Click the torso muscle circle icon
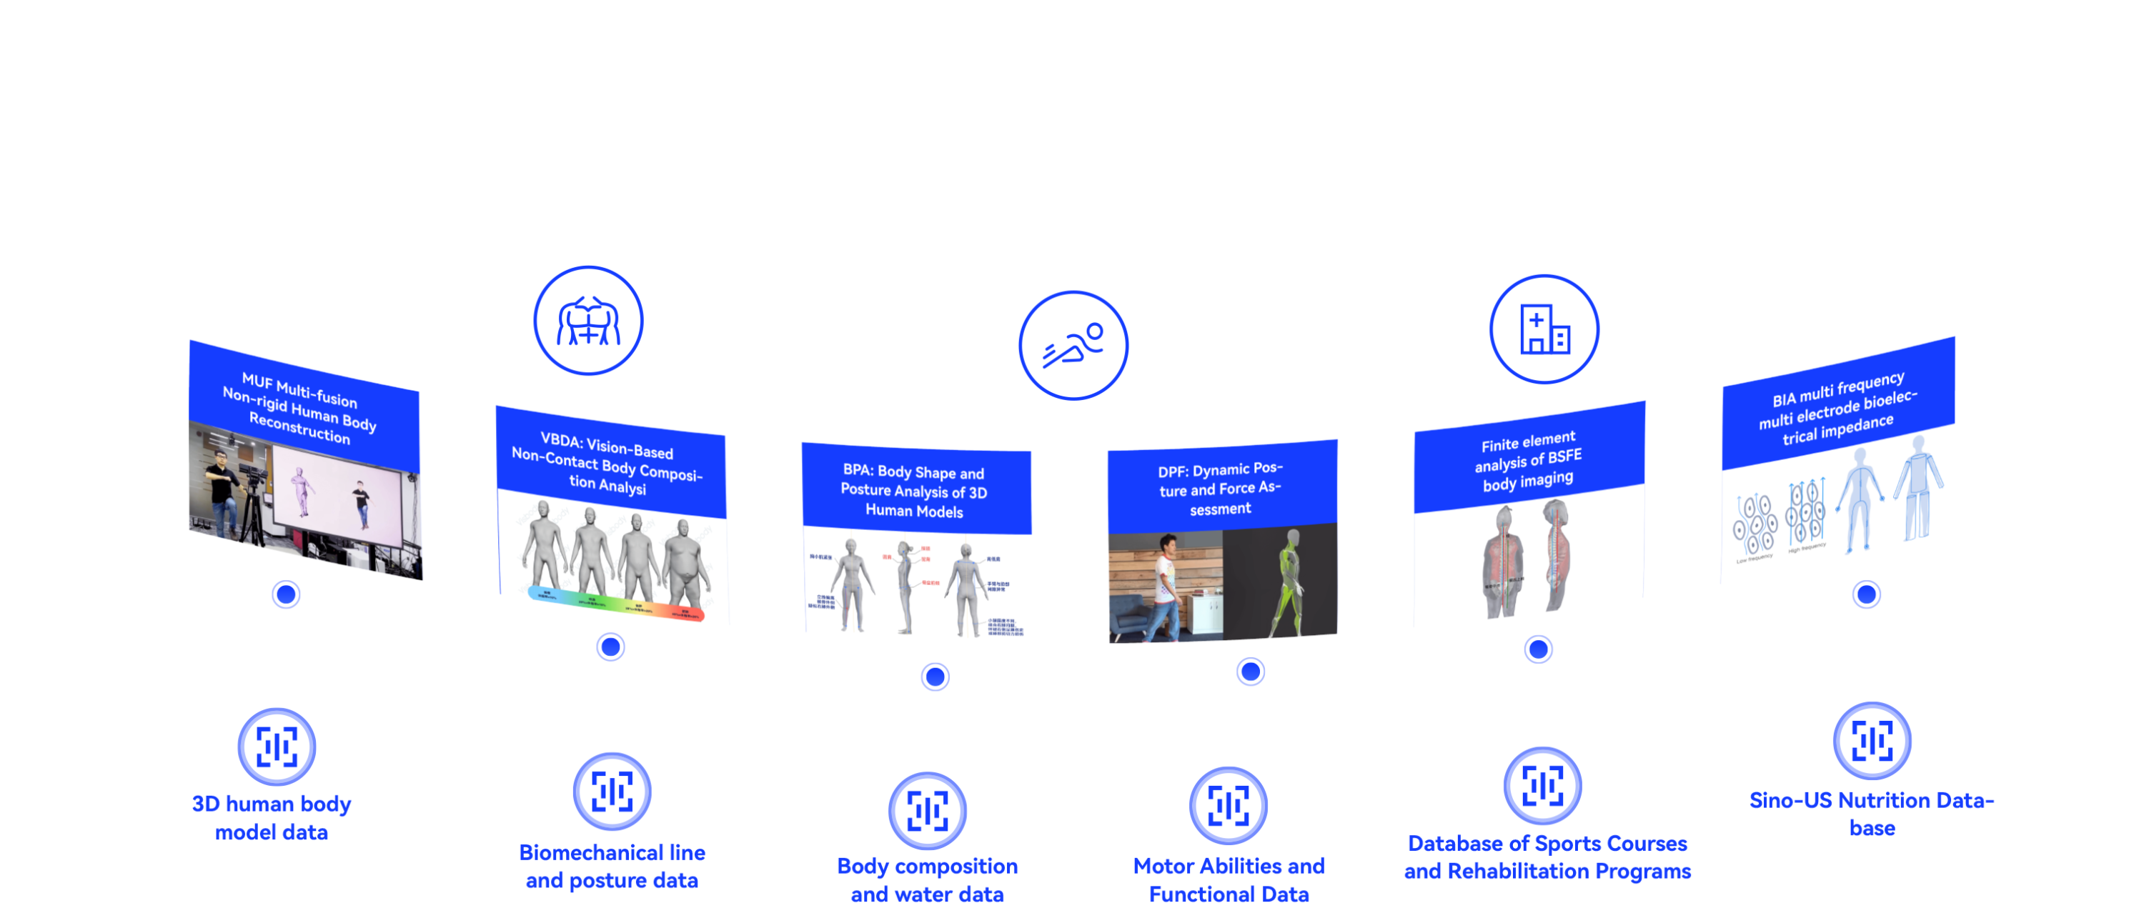pos(587,321)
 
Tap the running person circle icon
pos(1073,344)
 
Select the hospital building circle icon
pos(1543,329)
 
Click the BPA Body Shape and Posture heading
pos(914,491)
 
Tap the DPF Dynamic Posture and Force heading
pos(1220,489)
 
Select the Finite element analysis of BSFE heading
pos(1528,460)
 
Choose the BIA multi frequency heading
pos(1837,408)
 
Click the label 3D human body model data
pos(272,817)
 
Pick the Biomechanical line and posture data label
pos(612,866)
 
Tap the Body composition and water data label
pos(927,879)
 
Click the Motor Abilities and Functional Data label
pos(1229,879)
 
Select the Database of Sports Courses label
pos(1547,857)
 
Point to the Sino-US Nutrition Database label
pos(1872,813)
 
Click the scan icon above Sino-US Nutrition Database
pos(1872,740)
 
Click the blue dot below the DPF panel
pos(1250,671)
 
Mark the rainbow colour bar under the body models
pos(616,604)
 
